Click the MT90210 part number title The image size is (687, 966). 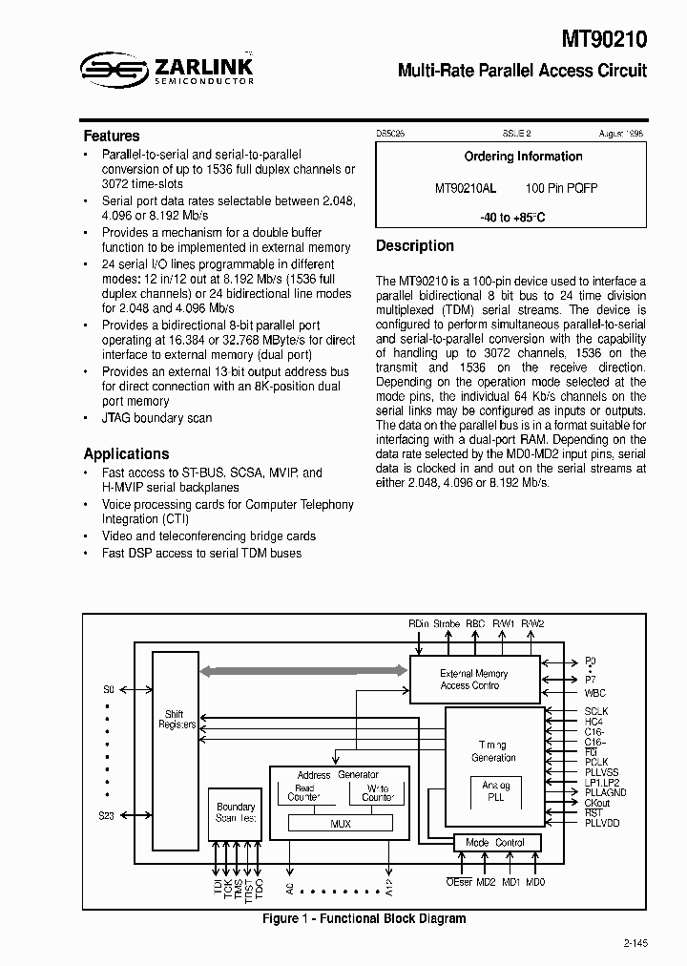[602, 39]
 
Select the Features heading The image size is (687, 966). [111, 136]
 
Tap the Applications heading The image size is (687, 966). [126, 454]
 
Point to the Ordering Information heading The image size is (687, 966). [523, 157]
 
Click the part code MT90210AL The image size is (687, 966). [465, 189]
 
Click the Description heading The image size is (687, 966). [415, 246]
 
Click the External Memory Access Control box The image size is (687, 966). [474, 679]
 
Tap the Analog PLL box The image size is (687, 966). [494, 792]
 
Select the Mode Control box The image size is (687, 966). [495, 843]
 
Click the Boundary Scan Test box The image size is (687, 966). [236, 812]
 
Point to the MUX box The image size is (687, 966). [341, 823]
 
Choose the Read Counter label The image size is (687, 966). [304, 793]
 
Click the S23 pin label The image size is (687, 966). [108, 815]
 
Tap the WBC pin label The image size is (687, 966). [595, 693]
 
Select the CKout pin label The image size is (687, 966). [597, 803]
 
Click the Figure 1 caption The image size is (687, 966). [364, 918]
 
